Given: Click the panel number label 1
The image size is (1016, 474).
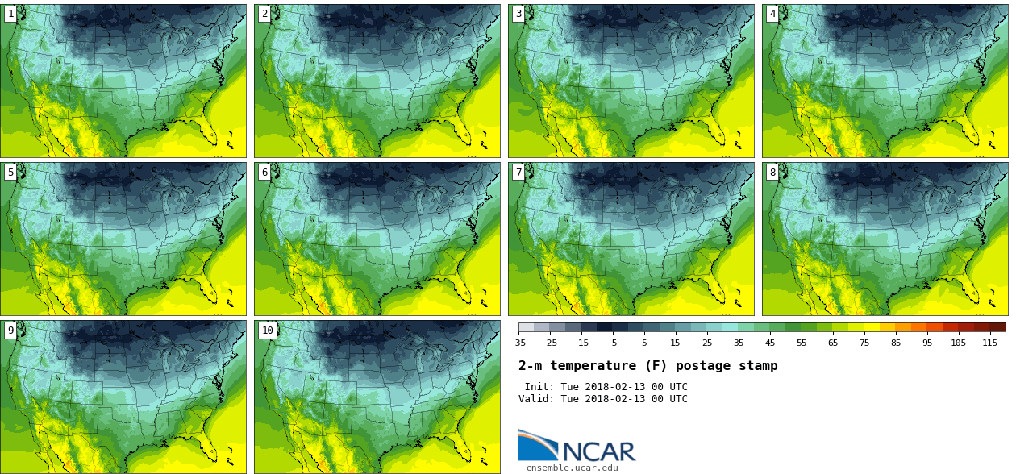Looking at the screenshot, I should tap(10, 14).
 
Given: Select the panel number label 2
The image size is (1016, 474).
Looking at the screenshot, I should tap(264, 14).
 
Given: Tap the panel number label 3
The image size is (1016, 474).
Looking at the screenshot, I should tap(518, 14).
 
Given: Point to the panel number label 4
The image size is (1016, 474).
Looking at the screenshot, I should tap(772, 14).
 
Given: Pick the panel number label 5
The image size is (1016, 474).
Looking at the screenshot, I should tap(10, 172).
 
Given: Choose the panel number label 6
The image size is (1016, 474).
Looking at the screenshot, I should tap(264, 172).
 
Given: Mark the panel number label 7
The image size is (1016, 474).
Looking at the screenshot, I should tap(518, 172).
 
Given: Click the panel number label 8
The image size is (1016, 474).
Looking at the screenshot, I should tap(772, 172).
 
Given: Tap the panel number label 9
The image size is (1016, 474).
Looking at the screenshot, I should tap(10, 330).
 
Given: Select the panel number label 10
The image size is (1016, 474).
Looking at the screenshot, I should tap(267, 330).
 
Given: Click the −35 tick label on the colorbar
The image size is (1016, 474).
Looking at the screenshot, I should tap(518, 343).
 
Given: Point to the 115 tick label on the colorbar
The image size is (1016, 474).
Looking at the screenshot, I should tap(990, 343).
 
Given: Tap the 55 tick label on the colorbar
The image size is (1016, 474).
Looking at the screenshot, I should tap(802, 343).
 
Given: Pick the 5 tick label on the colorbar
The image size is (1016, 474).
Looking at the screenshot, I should tap(644, 343).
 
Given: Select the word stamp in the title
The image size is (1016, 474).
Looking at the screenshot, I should tap(758, 366).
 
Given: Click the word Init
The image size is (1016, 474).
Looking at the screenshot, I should tap(540, 387).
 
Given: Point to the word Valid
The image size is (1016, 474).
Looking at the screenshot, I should tap(536, 399).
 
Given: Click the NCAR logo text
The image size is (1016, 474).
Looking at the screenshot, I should tap(598, 451).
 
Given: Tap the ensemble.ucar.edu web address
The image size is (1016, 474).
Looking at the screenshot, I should tap(573, 468).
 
